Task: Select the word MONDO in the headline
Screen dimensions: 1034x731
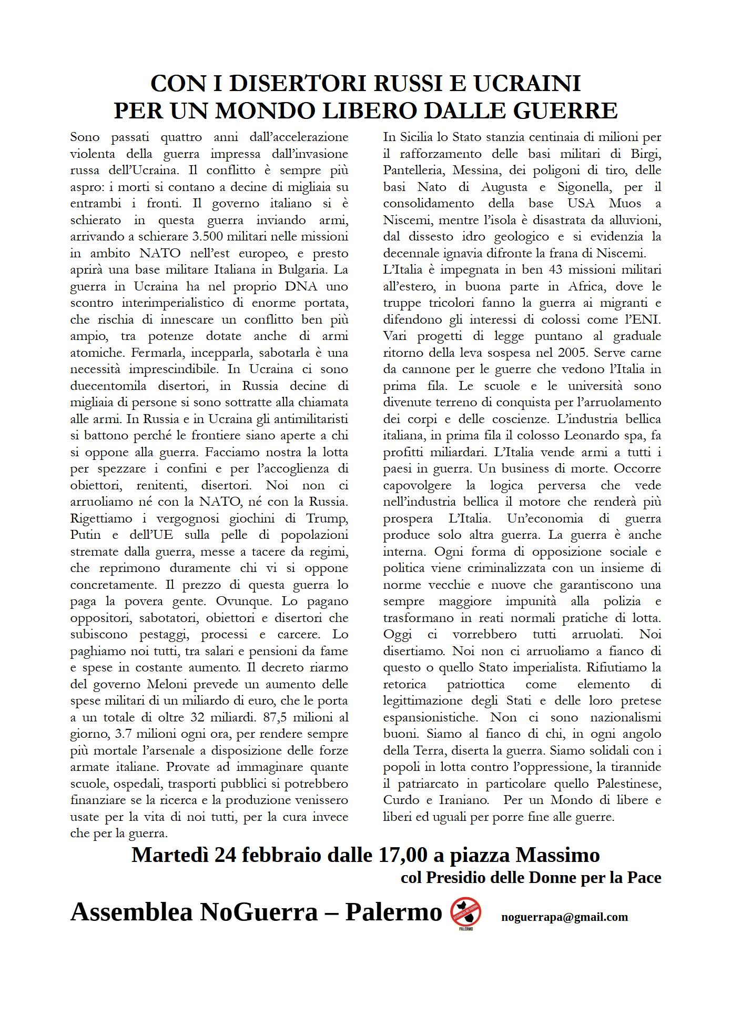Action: click(258, 111)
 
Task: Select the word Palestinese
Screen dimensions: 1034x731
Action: click(629, 784)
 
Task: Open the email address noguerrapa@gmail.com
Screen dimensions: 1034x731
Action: click(564, 917)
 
